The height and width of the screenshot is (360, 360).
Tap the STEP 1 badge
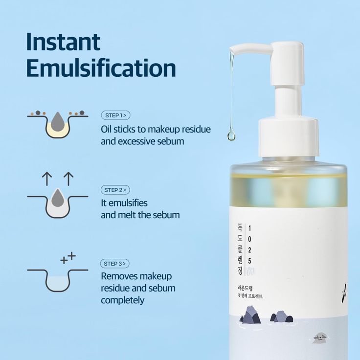click(x=115, y=115)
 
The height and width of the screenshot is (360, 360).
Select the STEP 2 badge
click(x=115, y=190)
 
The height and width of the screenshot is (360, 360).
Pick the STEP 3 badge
click(x=115, y=263)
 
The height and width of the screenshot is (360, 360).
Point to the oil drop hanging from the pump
click(x=231, y=134)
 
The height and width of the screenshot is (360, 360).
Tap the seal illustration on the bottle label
click(x=320, y=337)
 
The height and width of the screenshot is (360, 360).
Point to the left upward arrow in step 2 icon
click(x=47, y=179)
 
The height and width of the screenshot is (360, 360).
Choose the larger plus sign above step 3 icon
click(x=72, y=255)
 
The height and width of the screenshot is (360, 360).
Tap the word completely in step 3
click(x=122, y=300)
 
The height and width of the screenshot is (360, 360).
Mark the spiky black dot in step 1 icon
click(x=82, y=113)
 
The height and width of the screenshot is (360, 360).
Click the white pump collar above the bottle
click(x=289, y=132)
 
